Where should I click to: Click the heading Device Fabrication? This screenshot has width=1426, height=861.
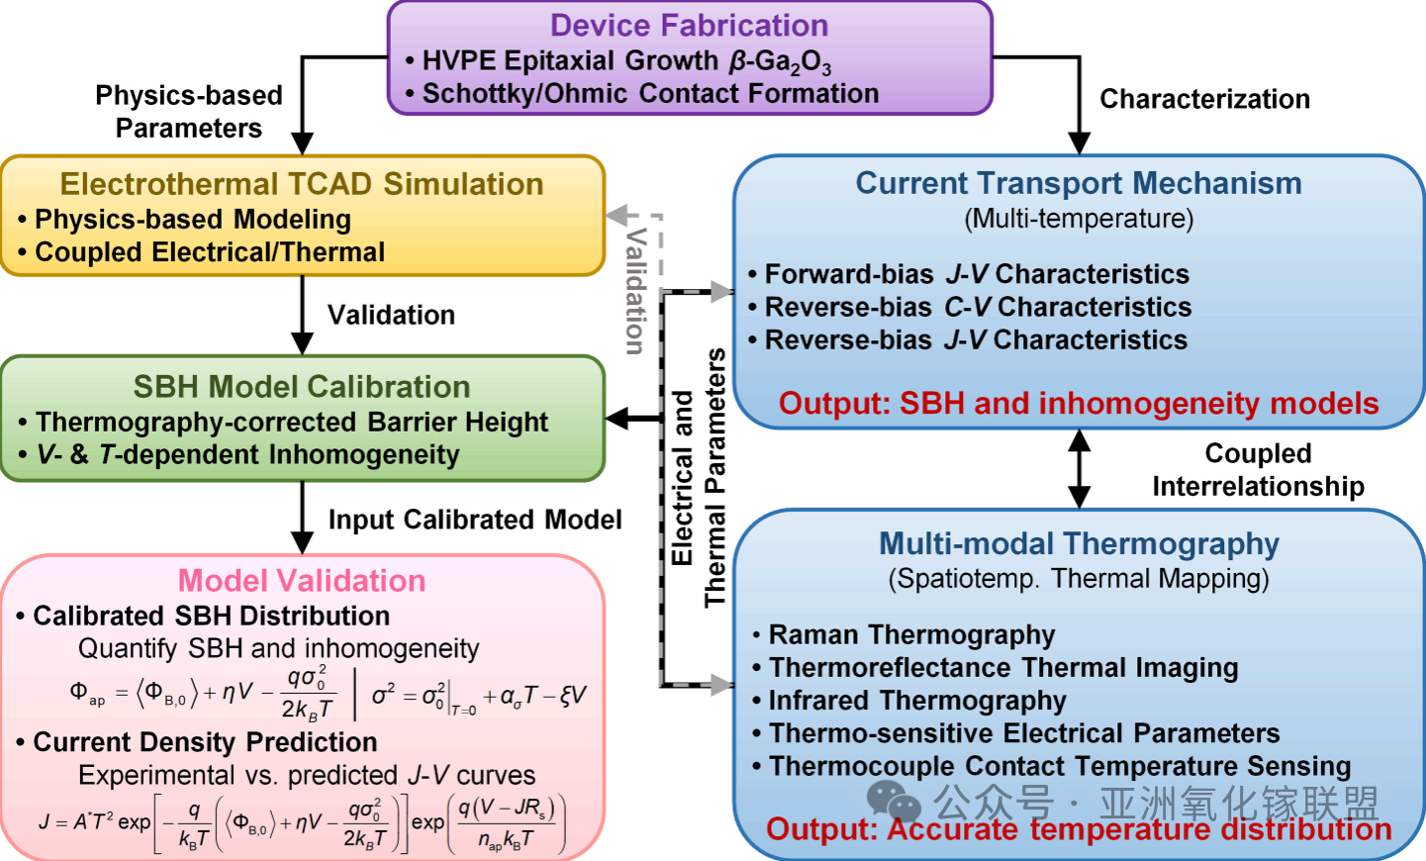pos(689,26)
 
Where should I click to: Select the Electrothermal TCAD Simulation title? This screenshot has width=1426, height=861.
pos(302,184)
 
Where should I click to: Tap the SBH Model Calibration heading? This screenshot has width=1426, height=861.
pos(302,387)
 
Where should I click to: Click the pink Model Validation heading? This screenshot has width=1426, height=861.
pos(302,581)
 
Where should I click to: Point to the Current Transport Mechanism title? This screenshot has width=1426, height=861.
pos(1079,183)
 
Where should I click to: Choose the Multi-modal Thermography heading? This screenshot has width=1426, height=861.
pos(1079,543)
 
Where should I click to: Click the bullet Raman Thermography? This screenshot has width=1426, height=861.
pos(911,634)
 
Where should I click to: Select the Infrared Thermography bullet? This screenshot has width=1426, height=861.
pos(917,701)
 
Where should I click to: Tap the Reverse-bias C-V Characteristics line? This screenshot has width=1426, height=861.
pos(978,307)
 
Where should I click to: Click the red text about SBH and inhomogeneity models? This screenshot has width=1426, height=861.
pos(1079,404)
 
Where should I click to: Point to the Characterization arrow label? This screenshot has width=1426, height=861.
pos(1204,99)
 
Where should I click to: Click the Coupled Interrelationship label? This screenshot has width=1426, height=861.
pos(1258,470)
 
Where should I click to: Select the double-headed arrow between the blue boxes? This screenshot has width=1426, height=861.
pos(1080,469)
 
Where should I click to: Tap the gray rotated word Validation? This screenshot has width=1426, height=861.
pos(635,290)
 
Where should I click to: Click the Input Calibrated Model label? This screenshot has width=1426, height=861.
pos(475,520)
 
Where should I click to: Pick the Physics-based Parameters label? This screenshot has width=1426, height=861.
pos(189,112)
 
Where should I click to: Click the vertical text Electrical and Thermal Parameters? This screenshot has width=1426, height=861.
pos(698,478)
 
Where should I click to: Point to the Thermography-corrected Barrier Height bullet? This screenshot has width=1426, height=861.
pos(291,422)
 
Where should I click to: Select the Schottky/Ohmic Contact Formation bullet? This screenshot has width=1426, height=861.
pos(650,94)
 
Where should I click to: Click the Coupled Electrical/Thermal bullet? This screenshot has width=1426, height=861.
pos(210,252)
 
